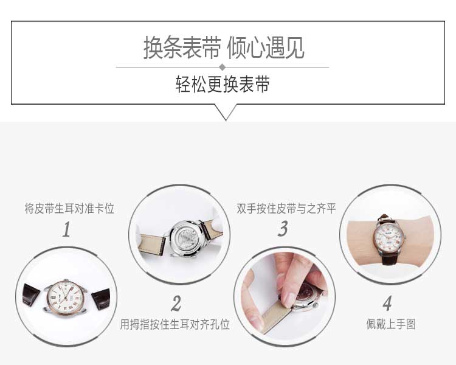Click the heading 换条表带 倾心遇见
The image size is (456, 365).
[224, 47]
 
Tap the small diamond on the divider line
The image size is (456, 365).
[223, 67]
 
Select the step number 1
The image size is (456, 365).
[66, 230]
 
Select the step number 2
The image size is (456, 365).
[176, 303]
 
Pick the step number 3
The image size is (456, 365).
[282, 229]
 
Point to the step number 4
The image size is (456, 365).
[387, 303]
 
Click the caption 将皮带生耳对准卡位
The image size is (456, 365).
[69, 209]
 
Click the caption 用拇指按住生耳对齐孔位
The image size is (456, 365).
[175, 324]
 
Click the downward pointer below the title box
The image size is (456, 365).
[226, 112]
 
